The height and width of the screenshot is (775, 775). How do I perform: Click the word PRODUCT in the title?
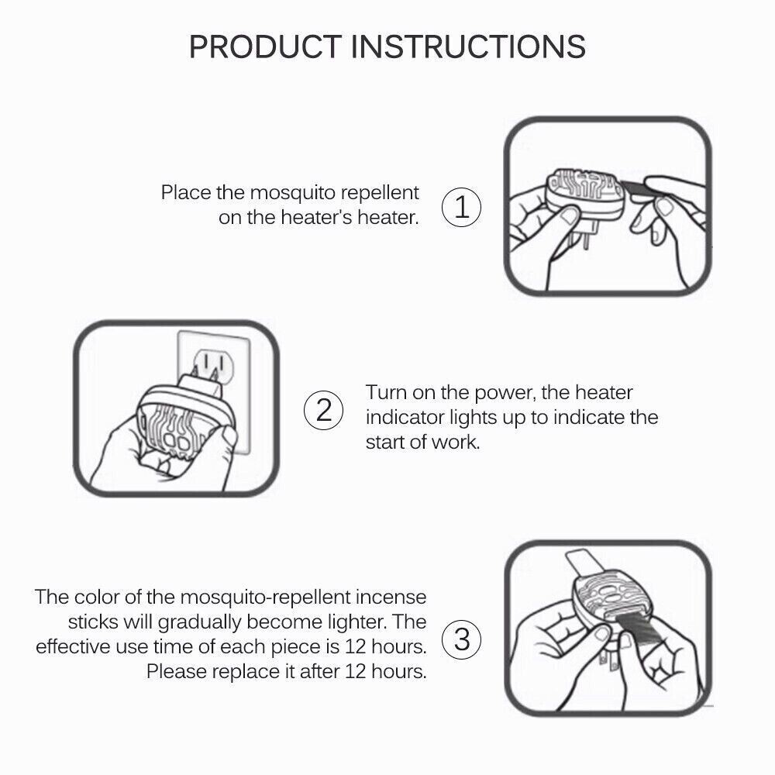point(265,46)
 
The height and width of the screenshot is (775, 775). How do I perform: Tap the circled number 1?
point(462,208)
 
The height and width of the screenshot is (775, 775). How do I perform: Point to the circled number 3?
point(462,640)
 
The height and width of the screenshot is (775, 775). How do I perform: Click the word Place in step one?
point(184,192)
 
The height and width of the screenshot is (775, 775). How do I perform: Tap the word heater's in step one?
point(308,217)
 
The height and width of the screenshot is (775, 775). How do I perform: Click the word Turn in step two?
point(386,392)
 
